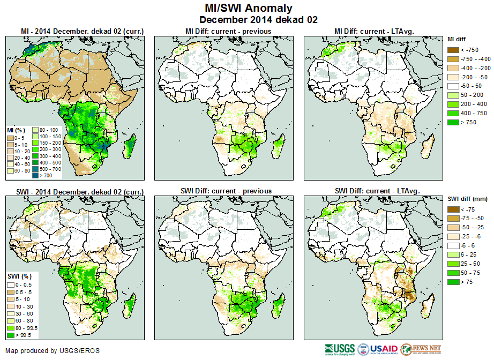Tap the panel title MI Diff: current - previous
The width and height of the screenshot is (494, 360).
228,31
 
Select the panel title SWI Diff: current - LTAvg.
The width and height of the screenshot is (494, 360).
376,191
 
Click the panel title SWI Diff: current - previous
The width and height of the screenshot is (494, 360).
227,191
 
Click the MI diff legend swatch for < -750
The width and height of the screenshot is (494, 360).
453,50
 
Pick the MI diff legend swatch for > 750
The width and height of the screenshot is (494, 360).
453,122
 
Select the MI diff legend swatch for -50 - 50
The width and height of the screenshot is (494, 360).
453,86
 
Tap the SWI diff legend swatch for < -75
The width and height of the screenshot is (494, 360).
453,209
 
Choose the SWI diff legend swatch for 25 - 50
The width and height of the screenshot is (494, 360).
453,264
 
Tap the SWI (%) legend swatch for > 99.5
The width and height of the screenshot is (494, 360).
10,335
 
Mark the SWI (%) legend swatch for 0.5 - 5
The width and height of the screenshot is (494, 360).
10,291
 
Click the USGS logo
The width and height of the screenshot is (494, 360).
339,349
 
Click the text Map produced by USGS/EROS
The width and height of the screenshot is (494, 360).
53,351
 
